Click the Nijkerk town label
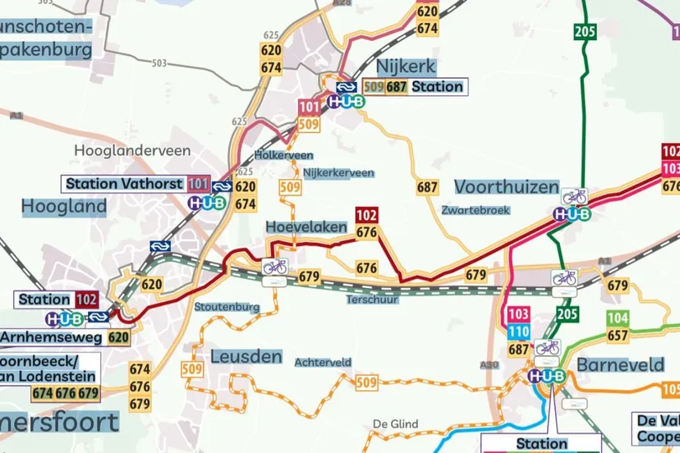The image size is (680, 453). click(405, 66)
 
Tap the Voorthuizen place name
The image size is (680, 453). click(506, 187)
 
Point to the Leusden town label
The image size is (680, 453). click(246, 357)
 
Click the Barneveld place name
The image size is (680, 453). click(618, 364)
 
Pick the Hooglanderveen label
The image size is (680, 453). click(132, 150)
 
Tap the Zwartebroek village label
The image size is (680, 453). click(475, 210)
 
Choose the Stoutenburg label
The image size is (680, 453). click(227, 307)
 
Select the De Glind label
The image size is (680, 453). click(395, 423)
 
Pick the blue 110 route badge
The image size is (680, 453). click(518, 332)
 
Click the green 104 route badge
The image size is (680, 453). click(618, 318)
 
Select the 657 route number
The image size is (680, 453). click(618, 335)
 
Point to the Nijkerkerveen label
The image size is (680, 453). click(338, 173)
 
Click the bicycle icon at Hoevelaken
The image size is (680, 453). click(275, 267)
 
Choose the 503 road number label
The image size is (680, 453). click(159, 63)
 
